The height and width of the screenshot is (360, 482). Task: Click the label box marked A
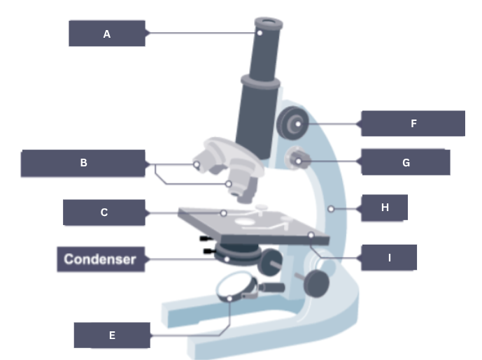[107, 34]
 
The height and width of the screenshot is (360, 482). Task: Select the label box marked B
[83, 164]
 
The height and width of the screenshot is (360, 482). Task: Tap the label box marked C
[104, 213]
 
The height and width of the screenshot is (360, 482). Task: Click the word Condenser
[100, 259]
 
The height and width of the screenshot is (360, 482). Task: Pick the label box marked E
[112, 336]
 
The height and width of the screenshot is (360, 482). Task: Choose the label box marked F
[413, 124]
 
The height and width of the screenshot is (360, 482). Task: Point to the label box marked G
[406, 163]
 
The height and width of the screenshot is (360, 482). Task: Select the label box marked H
[384, 208]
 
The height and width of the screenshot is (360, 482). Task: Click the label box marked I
[389, 258]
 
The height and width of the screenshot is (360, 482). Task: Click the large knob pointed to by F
[292, 124]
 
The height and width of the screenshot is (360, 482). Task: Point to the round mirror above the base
[235, 287]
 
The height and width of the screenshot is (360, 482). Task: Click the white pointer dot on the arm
[330, 208]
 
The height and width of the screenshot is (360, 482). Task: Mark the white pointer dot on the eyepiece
[260, 31]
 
